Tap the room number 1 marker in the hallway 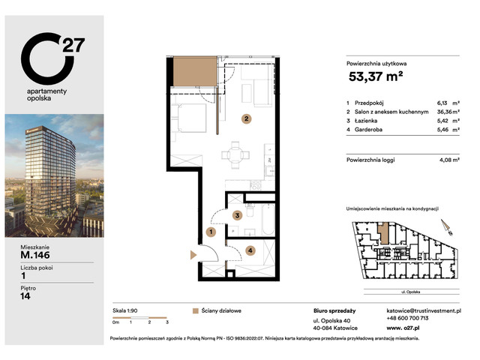pos(211,232)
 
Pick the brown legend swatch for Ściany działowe pos(196,310)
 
